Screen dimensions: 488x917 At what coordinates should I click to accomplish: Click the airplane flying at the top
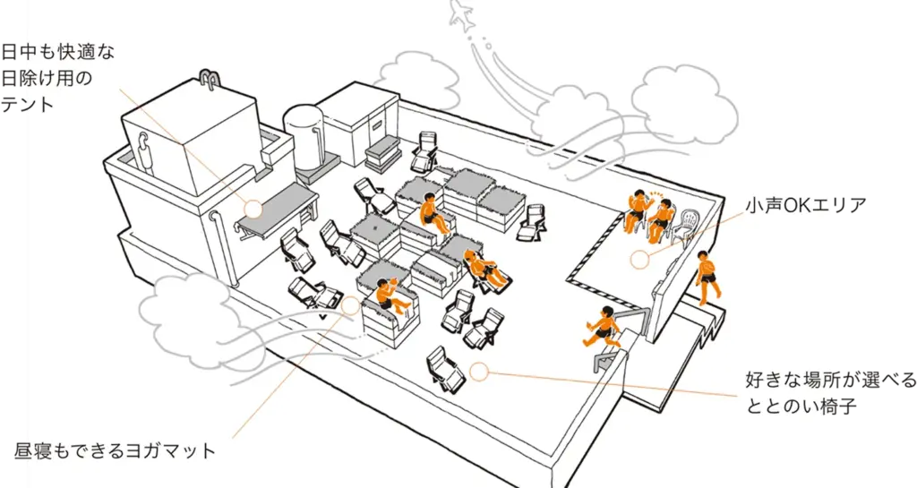[x=463, y=14]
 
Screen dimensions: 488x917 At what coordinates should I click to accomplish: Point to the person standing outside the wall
[x=708, y=276]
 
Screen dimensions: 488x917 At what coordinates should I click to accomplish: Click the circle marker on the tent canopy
[x=253, y=209]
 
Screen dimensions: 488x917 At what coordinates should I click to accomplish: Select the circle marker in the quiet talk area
[x=638, y=260]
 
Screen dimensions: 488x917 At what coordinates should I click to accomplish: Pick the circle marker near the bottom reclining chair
[x=479, y=372]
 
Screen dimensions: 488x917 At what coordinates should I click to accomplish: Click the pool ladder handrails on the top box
[x=210, y=81]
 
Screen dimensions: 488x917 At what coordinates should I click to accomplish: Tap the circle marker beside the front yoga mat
[x=350, y=304]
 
